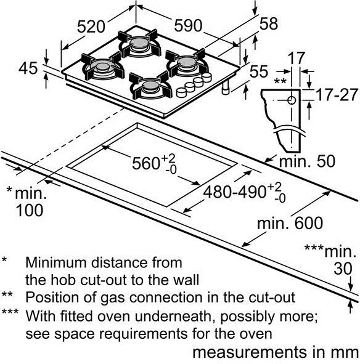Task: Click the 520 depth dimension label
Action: tap(91, 26)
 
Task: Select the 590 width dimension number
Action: tap(188, 25)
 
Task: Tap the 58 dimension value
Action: tap(269, 23)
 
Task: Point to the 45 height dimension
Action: tap(28, 68)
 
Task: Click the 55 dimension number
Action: tap(259, 71)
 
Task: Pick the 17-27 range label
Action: tap(337, 95)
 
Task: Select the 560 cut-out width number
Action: tap(145, 163)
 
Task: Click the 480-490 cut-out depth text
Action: tap(235, 192)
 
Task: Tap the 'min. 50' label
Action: tap(307, 161)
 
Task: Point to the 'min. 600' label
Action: tap(290, 223)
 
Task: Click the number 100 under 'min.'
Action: tap(30, 210)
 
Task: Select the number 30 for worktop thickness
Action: tap(343, 269)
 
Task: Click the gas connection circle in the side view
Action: tap(292, 100)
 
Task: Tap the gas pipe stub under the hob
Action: tap(226, 87)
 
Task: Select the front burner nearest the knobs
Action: tap(150, 86)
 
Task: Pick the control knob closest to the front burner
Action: tap(181, 92)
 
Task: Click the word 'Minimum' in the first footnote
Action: tap(56, 262)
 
